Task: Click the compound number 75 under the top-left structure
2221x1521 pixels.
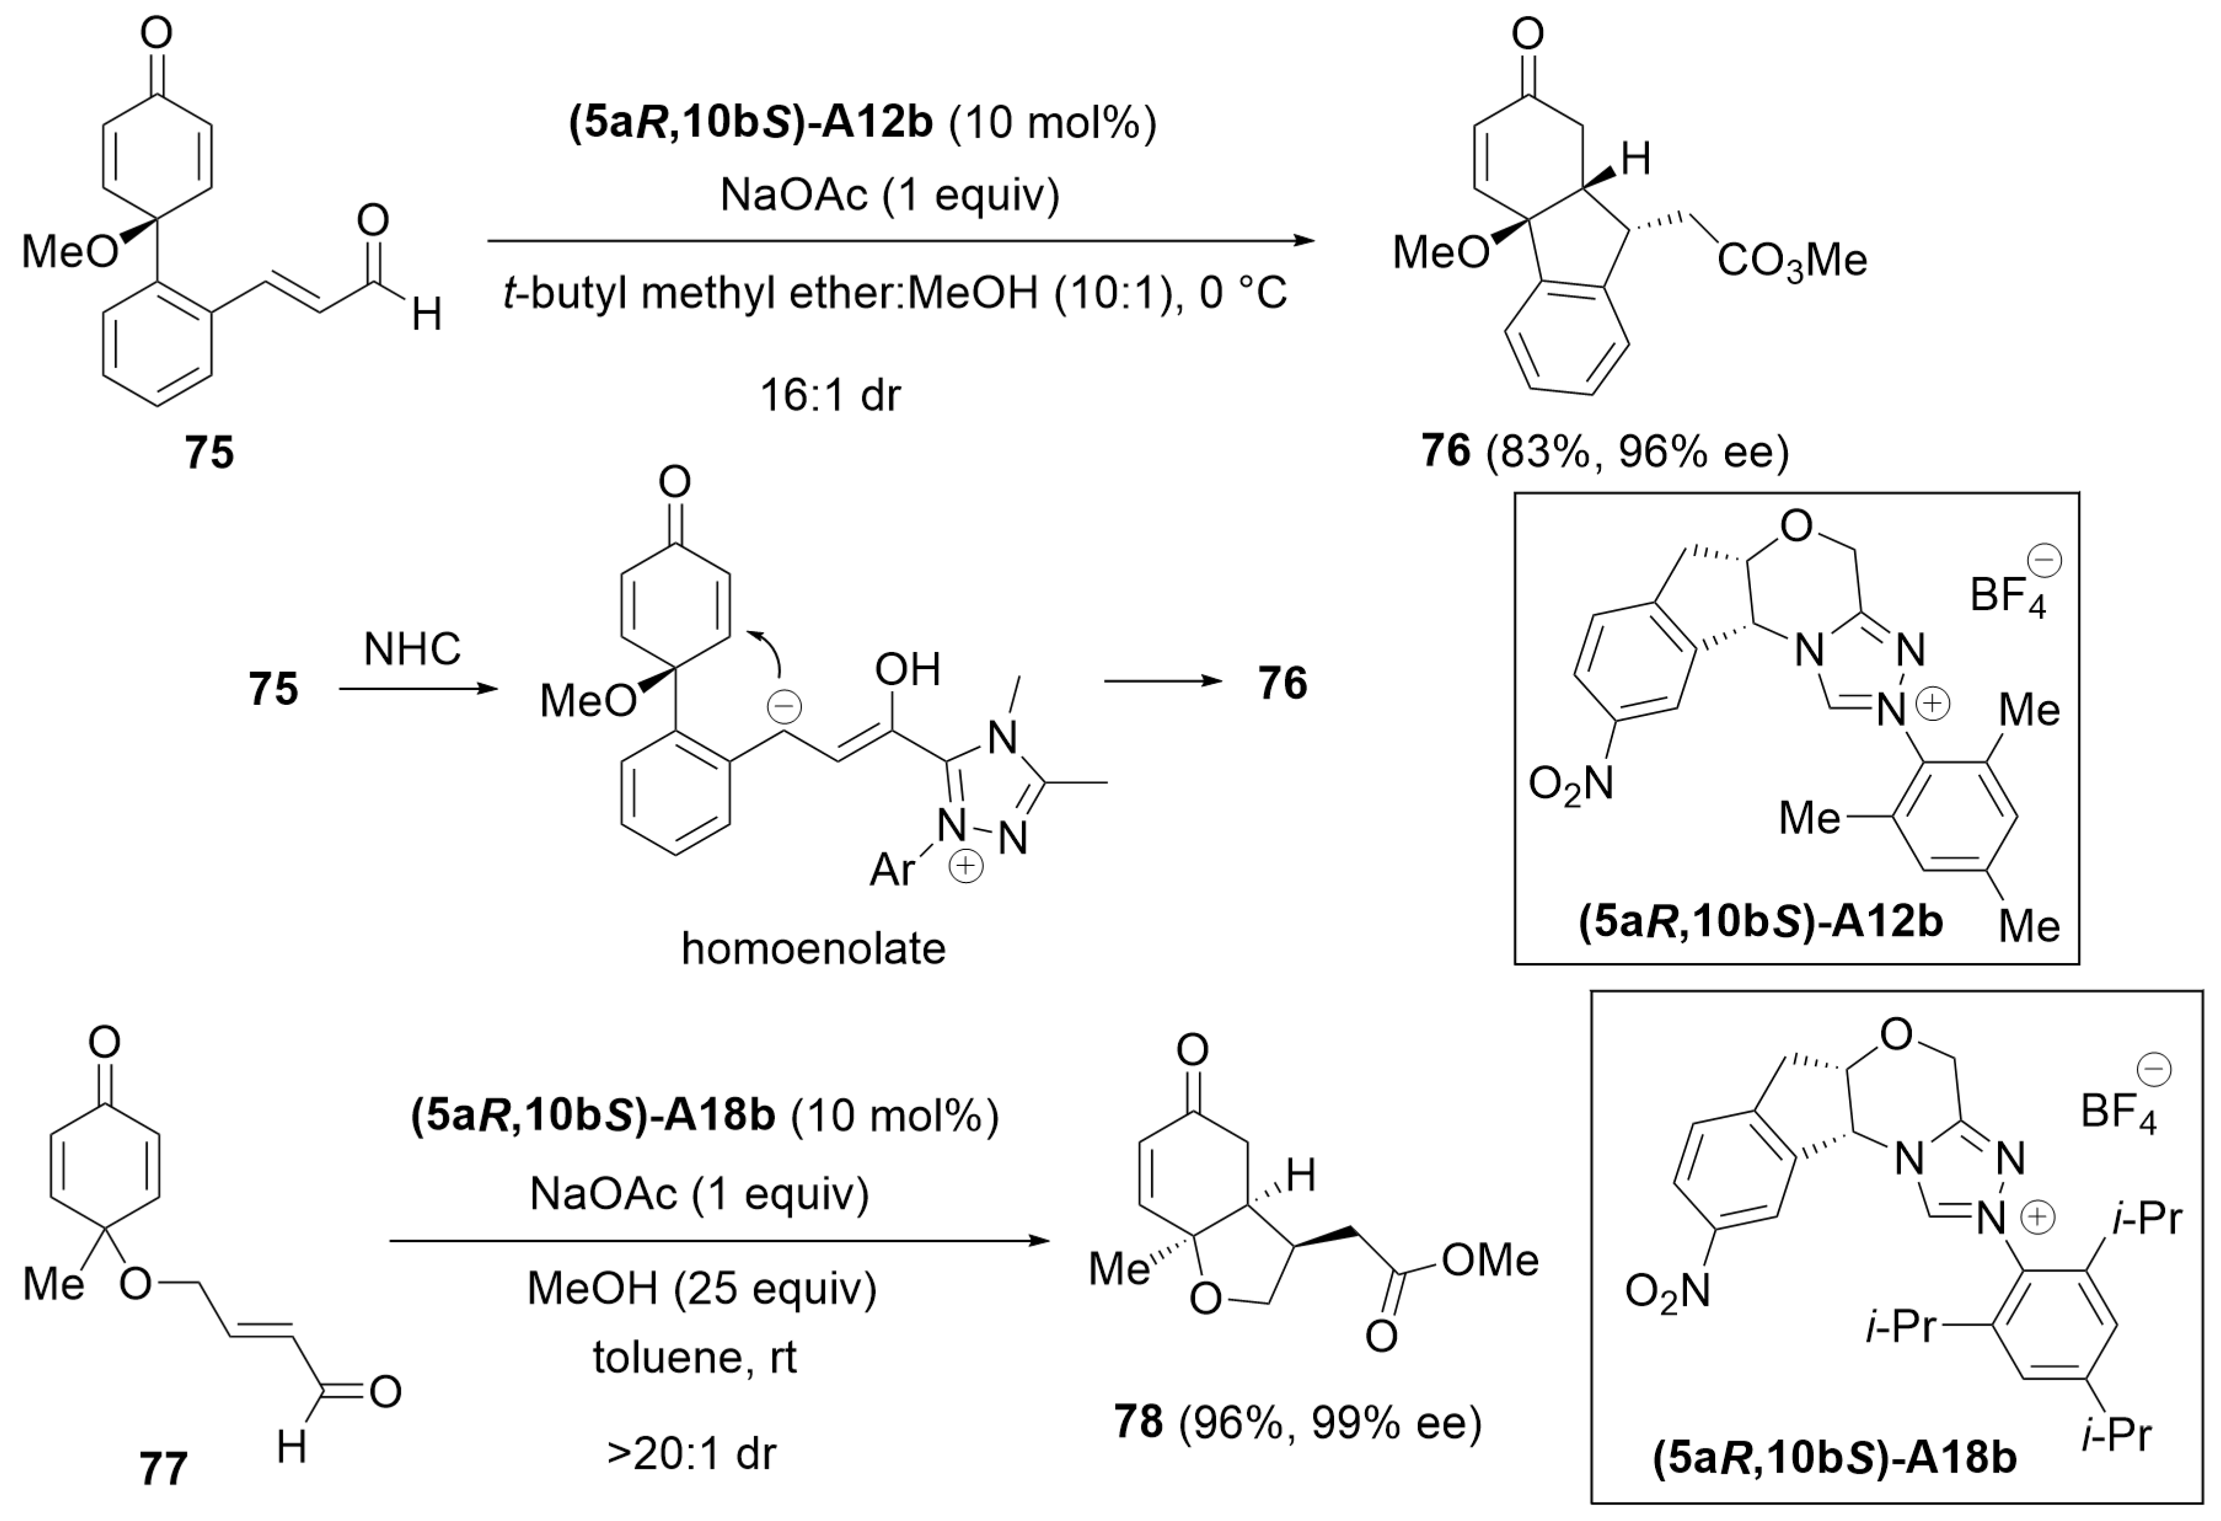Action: [210, 452]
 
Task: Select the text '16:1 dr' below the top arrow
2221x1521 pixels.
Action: [830, 395]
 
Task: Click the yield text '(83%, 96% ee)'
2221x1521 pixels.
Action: [1636, 452]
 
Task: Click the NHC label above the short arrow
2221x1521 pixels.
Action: [412, 650]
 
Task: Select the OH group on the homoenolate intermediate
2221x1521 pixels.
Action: [907, 670]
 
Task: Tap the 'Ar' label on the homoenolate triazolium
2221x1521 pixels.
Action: [892, 870]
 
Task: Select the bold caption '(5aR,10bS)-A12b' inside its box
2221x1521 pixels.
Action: [1760, 923]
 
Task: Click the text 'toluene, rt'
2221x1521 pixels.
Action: [695, 1357]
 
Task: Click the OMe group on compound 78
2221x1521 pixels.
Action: [1490, 1260]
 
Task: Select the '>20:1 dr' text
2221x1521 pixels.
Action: [692, 1453]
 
